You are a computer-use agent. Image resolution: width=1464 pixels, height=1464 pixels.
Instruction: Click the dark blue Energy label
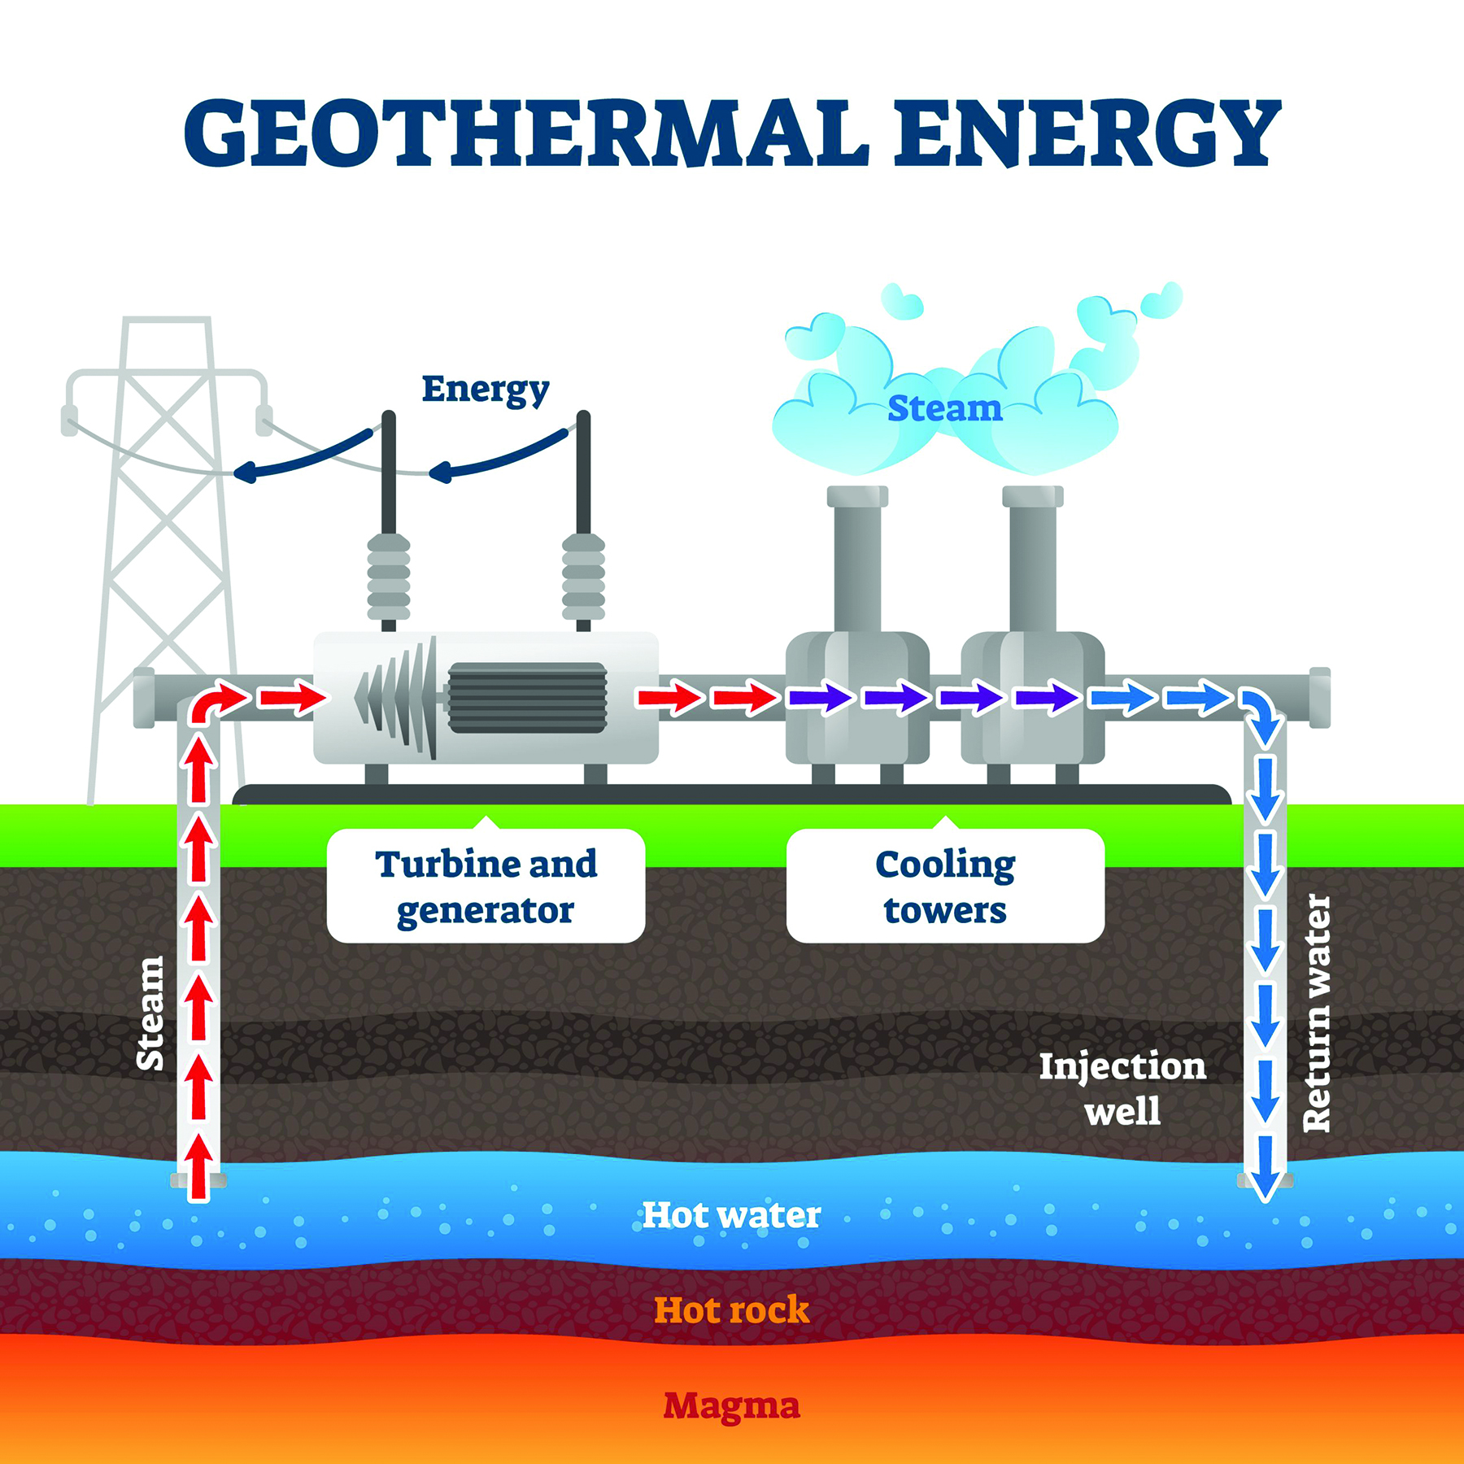486,390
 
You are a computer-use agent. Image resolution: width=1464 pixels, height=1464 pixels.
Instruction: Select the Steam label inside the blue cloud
944,408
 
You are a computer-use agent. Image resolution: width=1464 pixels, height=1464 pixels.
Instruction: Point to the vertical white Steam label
150,1013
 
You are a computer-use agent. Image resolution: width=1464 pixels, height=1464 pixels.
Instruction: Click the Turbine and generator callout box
486,887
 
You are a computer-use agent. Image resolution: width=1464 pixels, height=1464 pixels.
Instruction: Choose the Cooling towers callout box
945,887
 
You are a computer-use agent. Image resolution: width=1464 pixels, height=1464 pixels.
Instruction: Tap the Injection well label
1122,1088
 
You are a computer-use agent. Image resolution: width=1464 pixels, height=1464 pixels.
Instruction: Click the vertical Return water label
1317,1013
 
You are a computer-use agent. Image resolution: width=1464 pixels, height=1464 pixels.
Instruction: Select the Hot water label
731,1215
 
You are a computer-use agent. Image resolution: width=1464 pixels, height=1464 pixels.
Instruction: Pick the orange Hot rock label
731,1310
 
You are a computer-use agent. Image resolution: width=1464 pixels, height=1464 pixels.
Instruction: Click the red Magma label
731,1405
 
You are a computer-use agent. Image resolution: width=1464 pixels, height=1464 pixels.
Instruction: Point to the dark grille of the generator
527,698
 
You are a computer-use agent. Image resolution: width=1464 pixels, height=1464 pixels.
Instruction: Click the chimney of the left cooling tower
857,561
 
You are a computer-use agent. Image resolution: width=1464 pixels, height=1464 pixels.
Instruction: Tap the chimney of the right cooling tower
1033,561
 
